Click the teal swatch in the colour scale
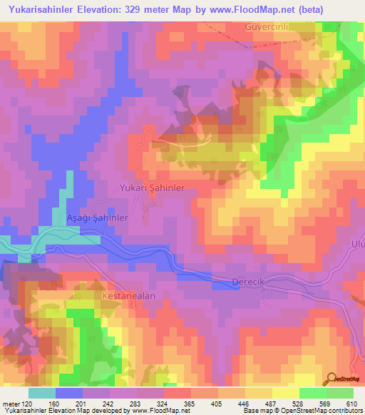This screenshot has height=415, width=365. [42, 392]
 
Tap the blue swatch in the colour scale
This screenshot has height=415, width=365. [69, 392]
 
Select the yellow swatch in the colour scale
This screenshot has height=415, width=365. [286, 392]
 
